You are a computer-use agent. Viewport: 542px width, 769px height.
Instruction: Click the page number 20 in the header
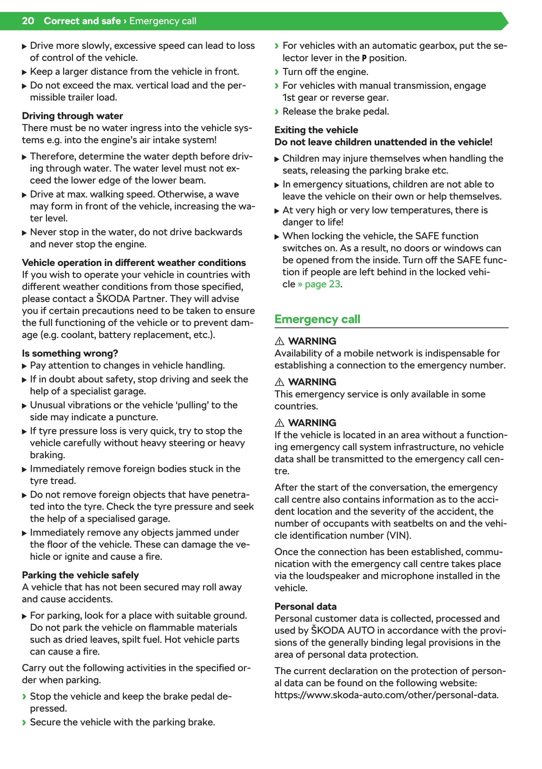pos(28,21)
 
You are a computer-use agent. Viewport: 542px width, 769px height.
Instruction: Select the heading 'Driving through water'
pos(72,116)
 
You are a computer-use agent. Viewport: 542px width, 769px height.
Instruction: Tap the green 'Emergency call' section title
pos(317,319)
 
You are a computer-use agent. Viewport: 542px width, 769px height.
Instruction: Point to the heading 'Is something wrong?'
pos(70,353)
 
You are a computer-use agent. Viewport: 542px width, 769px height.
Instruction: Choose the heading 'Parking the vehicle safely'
pos(80,575)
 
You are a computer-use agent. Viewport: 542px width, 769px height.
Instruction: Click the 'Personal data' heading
pos(305,606)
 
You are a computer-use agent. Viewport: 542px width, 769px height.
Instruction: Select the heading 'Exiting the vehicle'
pos(316,130)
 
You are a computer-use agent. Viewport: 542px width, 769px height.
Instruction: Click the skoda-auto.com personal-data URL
pos(386,695)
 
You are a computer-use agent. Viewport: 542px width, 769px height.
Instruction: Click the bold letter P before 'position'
pos(364,59)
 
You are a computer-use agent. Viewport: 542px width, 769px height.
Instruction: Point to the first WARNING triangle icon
pos(279,341)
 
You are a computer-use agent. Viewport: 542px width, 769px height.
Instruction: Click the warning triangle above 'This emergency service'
pos(279,382)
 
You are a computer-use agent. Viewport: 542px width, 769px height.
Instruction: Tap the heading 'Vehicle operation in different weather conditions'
pos(134,263)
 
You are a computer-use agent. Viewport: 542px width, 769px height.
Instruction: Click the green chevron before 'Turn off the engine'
pos(277,72)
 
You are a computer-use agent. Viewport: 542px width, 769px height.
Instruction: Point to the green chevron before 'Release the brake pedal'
pos(277,112)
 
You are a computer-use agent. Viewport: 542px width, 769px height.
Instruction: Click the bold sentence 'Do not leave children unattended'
pos(383,142)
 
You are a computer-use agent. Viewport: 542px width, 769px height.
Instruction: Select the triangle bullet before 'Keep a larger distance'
pos(25,72)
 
